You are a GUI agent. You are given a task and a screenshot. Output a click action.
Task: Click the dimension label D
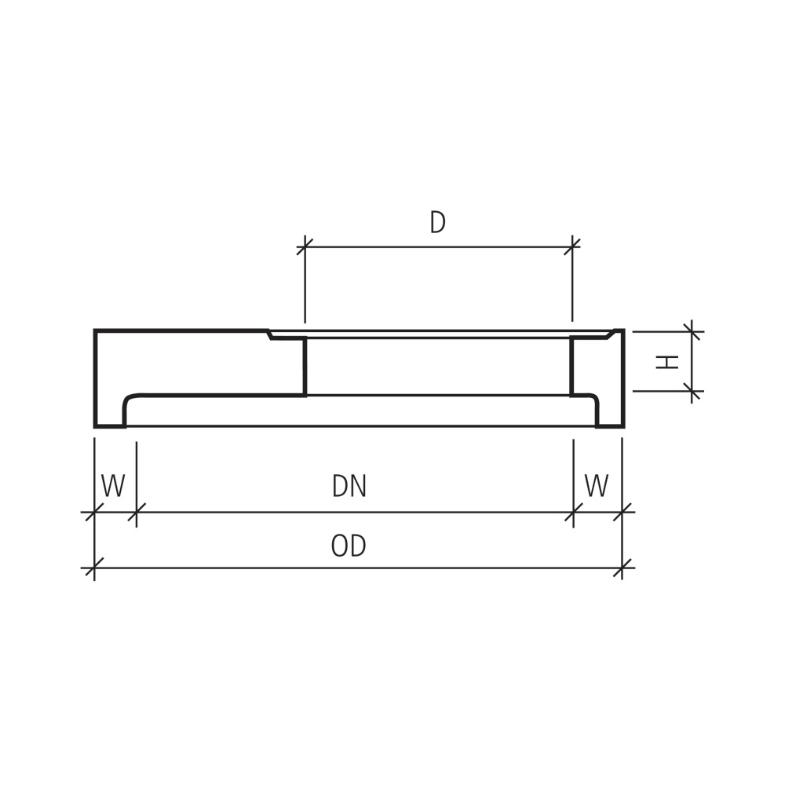437,223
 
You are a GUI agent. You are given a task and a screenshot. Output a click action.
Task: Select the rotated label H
666,361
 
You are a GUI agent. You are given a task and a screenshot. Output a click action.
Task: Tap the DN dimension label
349,487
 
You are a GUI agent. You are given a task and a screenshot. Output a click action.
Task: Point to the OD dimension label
349,546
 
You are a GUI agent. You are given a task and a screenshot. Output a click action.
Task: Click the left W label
113,487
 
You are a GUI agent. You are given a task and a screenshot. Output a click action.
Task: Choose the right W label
597,487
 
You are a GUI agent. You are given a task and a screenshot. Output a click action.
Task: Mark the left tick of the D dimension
305,246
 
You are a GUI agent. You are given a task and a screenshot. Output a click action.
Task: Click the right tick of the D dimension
572,246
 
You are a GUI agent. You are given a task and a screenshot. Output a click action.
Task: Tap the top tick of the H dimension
692,331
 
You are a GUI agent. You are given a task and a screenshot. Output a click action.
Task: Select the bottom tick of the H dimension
692,390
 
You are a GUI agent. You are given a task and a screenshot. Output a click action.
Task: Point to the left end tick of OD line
94,568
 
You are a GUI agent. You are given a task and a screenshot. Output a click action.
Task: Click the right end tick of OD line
622,568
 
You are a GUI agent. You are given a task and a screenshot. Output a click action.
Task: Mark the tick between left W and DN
137,513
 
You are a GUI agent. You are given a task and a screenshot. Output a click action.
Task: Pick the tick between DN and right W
573,513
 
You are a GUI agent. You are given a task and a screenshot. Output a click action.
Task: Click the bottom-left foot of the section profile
110,424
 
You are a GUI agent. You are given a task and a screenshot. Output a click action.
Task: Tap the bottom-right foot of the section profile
610,424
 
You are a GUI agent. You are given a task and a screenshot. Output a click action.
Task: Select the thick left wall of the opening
304,367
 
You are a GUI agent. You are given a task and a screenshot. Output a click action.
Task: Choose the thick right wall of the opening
572,367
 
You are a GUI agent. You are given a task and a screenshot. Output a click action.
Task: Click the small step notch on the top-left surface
270,335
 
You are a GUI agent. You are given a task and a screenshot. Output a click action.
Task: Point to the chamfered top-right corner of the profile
611,334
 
